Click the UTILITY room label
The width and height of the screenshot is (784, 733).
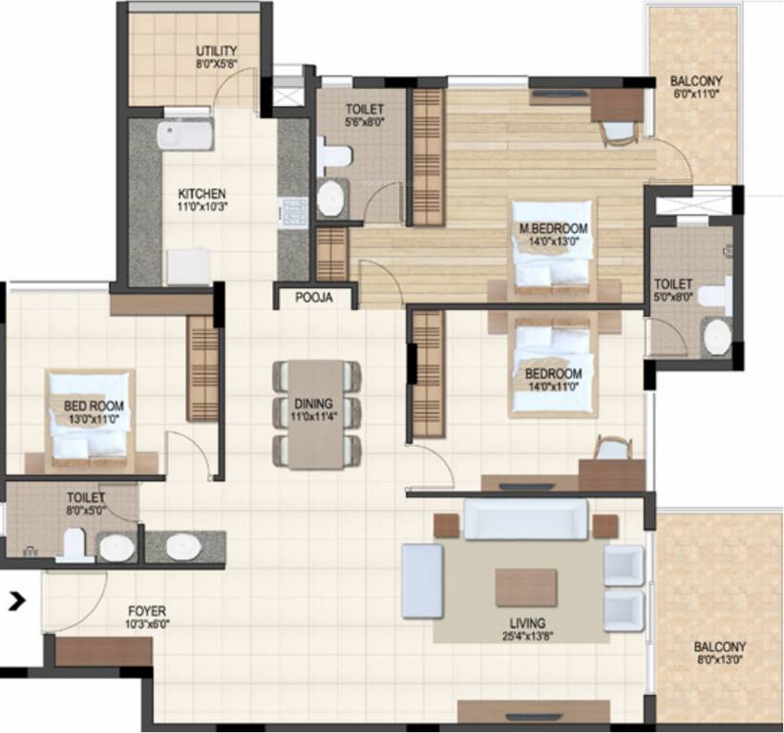pos(217,51)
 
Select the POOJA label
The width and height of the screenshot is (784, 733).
pos(313,298)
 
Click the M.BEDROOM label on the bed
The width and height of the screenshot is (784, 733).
pos(553,229)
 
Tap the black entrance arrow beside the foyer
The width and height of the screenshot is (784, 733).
pos(15,600)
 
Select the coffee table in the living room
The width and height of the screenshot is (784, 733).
pos(525,587)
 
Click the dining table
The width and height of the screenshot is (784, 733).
pos(317,414)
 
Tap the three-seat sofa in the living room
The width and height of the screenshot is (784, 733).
pos(525,518)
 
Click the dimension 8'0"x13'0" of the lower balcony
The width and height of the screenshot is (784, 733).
pos(721,660)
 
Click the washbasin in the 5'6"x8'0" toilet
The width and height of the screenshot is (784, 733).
pos(331,199)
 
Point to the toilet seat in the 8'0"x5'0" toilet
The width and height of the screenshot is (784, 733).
pos(71,545)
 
